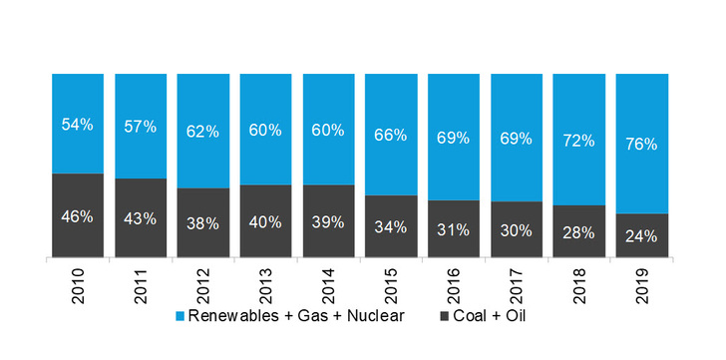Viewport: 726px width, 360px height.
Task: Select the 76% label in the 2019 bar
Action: pos(640,144)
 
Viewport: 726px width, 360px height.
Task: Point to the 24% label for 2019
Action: pos(640,236)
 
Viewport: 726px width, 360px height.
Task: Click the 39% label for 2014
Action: pos(327,221)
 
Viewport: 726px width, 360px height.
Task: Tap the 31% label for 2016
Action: pos(453,228)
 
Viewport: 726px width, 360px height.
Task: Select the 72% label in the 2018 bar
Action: pos(578,140)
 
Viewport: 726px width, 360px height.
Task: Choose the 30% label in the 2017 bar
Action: pos(516,229)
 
